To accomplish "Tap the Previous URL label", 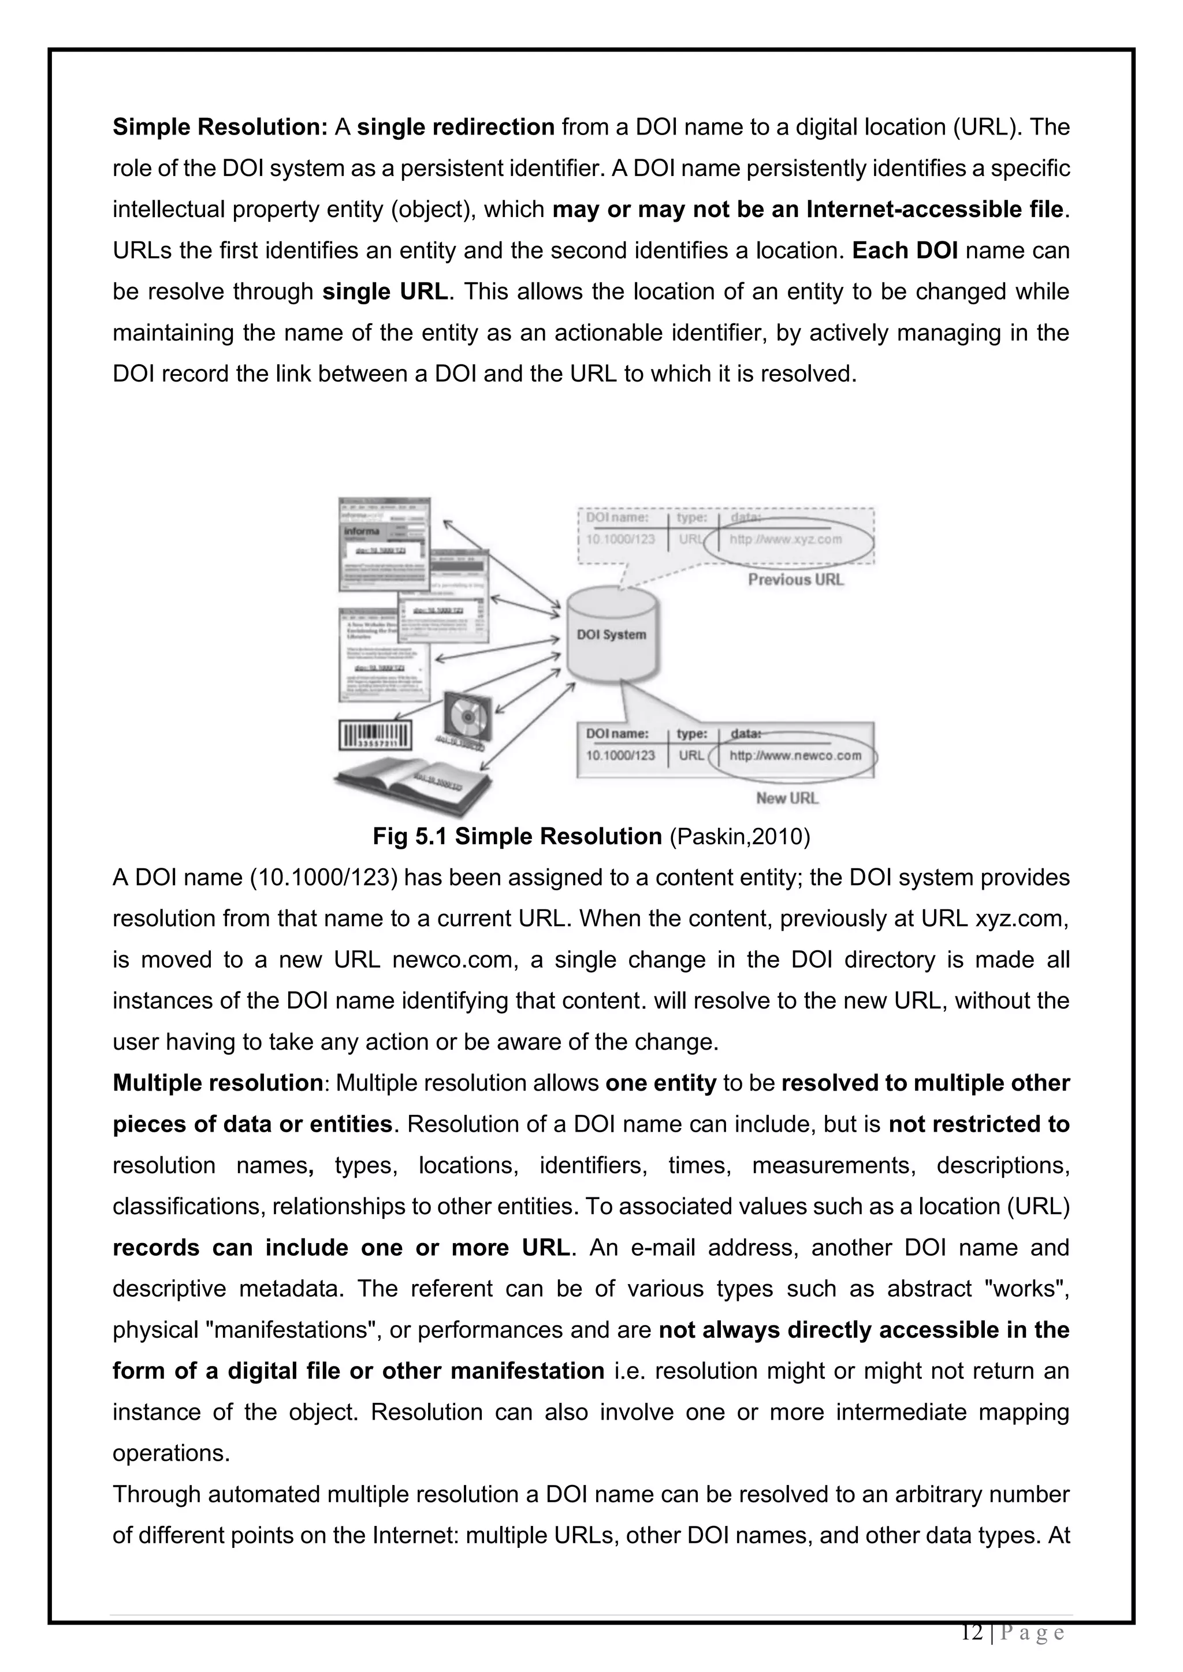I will click(795, 580).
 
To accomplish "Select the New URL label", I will click(787, 798).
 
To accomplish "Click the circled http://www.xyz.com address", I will click(785, 540).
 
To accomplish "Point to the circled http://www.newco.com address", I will click(795, 755).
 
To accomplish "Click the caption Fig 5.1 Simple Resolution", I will click(516, 837).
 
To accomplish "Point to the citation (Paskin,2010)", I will click(739, 837).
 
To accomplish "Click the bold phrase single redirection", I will click(456, 128).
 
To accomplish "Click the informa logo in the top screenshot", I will click(362, 531).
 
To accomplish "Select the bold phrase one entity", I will click(661, 1083).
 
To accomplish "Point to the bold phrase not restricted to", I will click(979, 1124).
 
